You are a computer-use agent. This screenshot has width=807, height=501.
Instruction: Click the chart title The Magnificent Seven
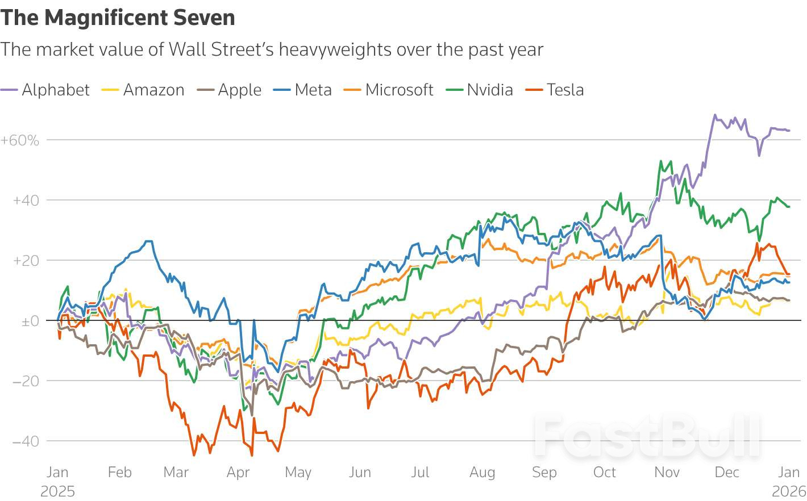click(x=118, y=18)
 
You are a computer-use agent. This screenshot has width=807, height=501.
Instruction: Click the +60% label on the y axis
click(x=20, y=140)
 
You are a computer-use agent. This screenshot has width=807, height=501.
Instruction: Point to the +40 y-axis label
click(x=26, y=201)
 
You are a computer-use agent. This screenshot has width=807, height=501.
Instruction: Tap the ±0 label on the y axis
click(x=30, y=322)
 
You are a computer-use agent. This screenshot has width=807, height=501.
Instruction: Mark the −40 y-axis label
click(x=26, y=441)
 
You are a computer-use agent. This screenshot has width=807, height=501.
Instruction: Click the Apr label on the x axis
click(x=238, y=472)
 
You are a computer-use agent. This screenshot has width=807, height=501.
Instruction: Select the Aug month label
click(x=482, y=472)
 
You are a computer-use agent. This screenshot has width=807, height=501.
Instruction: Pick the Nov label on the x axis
click(x=667, y=472)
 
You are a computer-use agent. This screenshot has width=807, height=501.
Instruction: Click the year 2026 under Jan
click(x=789, y=491)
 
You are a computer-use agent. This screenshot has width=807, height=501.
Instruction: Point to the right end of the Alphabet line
click(x=789, y=131)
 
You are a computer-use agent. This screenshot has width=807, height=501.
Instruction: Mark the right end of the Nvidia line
click(x=789, y=207)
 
